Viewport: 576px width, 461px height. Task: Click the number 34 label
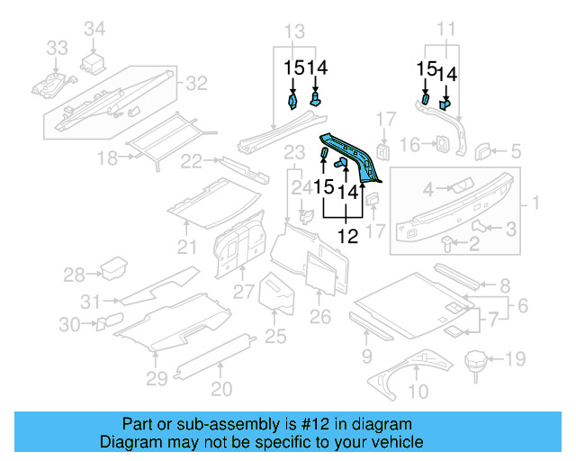94,30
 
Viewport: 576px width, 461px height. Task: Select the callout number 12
347,237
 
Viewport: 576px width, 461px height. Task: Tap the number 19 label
514,361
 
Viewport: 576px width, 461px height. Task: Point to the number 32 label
196,84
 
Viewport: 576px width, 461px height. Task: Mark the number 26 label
320,316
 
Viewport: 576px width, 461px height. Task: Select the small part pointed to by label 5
482,149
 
